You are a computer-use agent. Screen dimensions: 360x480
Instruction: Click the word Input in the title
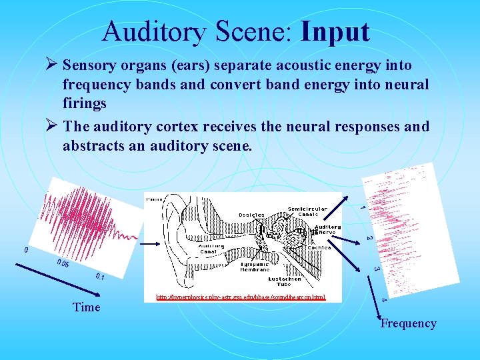(335, 31)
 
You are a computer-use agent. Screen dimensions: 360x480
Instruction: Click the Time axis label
(87, 307)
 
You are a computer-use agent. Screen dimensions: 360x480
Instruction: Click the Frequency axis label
(408, 323)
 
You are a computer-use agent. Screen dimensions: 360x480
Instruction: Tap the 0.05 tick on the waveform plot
(63, 264)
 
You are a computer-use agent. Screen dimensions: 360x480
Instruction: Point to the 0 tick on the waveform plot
(26, 251)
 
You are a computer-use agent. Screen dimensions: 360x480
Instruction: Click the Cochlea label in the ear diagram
(319, 247)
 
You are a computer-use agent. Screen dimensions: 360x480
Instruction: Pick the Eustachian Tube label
(307, 281)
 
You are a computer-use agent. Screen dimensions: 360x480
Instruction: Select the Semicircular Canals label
(307, 213)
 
